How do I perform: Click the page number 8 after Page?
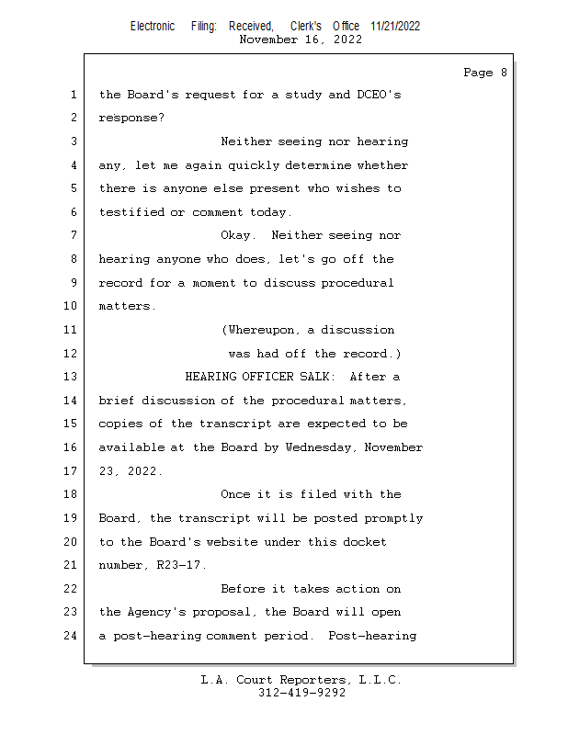pos(504,73)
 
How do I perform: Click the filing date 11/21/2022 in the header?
pos(395,27)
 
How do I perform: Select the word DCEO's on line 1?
pos(379,95)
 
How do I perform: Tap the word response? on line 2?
pos(131,119)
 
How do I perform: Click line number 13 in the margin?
pos(70,377)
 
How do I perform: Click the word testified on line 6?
pos(131,212)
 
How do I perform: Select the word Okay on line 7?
pos(235,235)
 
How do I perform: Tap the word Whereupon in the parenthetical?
pos(261,330)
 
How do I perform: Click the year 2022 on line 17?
pos(142,471)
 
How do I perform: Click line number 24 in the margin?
pos(70,636)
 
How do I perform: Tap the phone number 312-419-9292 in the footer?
pos(301,693)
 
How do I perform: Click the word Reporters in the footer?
pos(314,680)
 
